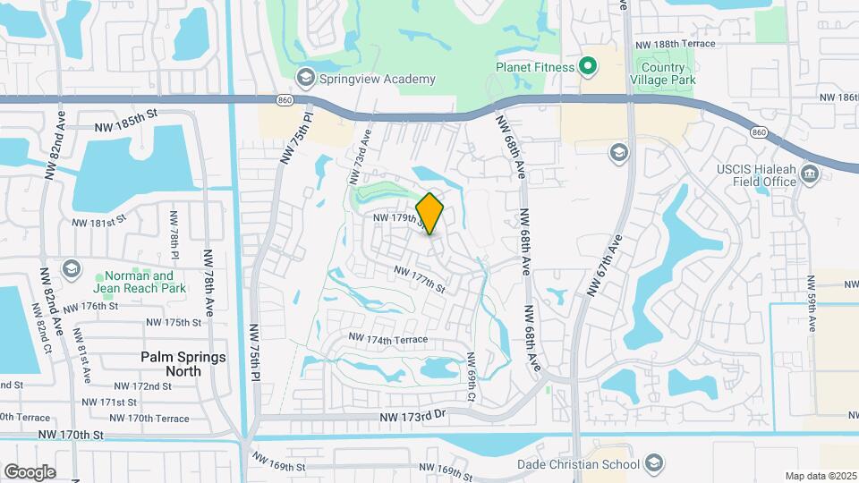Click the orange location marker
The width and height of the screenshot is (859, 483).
click(x=429, y=213)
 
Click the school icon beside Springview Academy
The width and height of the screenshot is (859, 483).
click(x=307, y=78)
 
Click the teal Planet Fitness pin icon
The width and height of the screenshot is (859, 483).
click(x=588, y=65)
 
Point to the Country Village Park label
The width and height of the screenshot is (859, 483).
click(x=668, y=73)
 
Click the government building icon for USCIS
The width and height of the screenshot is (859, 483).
click(x=811, y=173)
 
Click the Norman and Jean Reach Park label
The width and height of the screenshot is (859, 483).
click(x=140, y=282)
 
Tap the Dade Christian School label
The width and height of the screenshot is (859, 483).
click(x=591, y=464)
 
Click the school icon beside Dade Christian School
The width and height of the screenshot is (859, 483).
click(x=654, y=462)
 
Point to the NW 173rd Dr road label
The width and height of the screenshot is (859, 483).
click(x=412, y=417)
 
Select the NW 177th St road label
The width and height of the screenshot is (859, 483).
click(x=419, y=279)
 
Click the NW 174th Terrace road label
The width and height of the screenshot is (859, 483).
click(x=388, y=340)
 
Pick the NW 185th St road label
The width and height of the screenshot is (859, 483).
click(x=126, y=114)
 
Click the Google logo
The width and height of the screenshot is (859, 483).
click(x=30, y=471)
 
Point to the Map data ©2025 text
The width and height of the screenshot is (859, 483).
click(x=819, y=476)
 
